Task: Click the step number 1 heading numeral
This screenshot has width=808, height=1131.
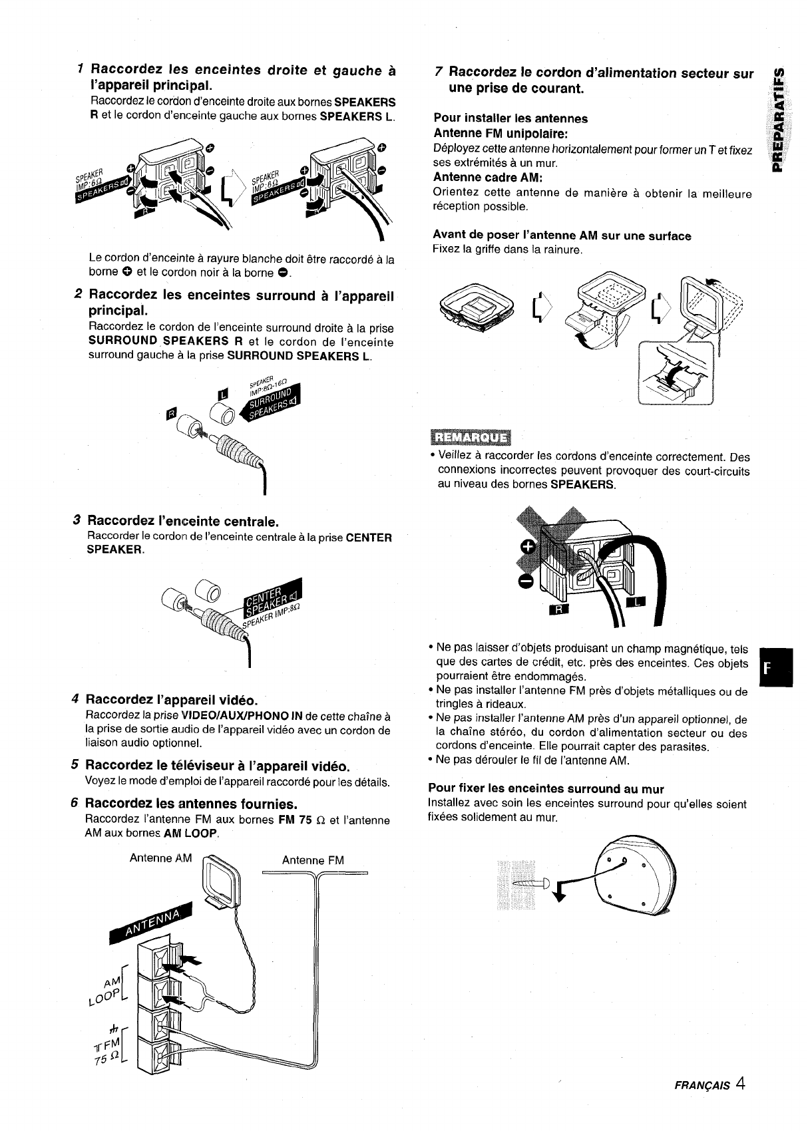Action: [80, 69]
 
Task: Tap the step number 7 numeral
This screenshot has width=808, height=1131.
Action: [437, 72]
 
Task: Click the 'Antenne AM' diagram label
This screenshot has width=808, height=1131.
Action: [160, 858]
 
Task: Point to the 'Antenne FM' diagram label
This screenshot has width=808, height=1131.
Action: [313, 860]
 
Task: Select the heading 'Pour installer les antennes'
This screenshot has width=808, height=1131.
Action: [510, 118]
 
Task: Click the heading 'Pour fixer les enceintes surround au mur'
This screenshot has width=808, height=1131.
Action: [546, 789]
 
